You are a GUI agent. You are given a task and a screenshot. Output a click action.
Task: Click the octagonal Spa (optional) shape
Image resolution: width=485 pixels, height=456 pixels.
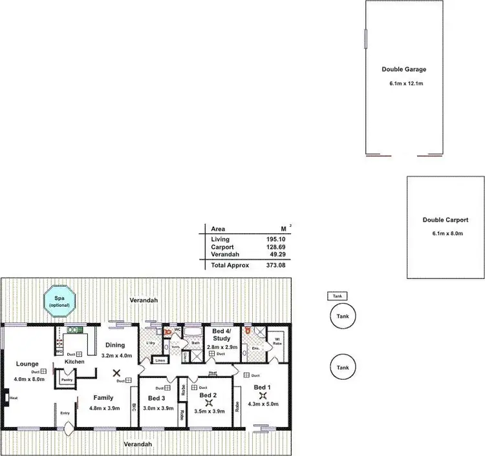pyautogui.click(x=59, y=302)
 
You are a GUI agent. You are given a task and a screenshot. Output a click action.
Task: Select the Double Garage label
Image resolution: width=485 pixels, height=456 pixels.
pyautogui.click(x=404, y=69)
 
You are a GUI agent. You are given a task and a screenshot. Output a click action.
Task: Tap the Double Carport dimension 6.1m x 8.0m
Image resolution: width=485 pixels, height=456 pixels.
pyautogui.click(x=446, y=233)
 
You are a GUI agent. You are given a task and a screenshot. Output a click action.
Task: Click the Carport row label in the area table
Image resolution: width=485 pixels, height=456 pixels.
pyautogui.click(x=222, y=247)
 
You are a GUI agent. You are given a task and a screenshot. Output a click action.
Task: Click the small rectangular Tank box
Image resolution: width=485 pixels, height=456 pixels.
pyautogui.click(x=336, y=296)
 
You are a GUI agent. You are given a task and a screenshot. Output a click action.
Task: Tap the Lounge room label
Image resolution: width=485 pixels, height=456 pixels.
pyautogui.click(x=28, y=364)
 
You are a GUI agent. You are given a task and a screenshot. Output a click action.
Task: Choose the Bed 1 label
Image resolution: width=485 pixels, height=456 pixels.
pyautogui.click(x=262, y=387)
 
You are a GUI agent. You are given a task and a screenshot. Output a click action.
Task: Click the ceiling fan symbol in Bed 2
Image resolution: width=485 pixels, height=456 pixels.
pyautogui.click(x=208, y=402)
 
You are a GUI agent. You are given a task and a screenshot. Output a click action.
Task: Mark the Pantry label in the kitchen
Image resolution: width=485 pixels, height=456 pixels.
pyautogui.click(x=67, y=380)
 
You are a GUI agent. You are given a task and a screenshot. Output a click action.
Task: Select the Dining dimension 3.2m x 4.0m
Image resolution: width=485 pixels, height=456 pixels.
pyautogui.click(x=116, y=355)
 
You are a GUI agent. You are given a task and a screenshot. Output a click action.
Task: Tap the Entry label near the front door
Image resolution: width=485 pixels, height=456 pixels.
pyautogui.click(x=65, y=413)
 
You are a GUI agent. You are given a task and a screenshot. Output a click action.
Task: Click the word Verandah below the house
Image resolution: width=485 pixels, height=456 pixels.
pyautogui.click(x=139, y=444)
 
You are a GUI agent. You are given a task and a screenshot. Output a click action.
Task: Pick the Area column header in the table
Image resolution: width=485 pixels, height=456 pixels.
pyautogui.click(x=218, y=229)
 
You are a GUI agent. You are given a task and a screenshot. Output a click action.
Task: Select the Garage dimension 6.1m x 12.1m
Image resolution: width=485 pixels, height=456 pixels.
pyautogui.click(x=404, y=84)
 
